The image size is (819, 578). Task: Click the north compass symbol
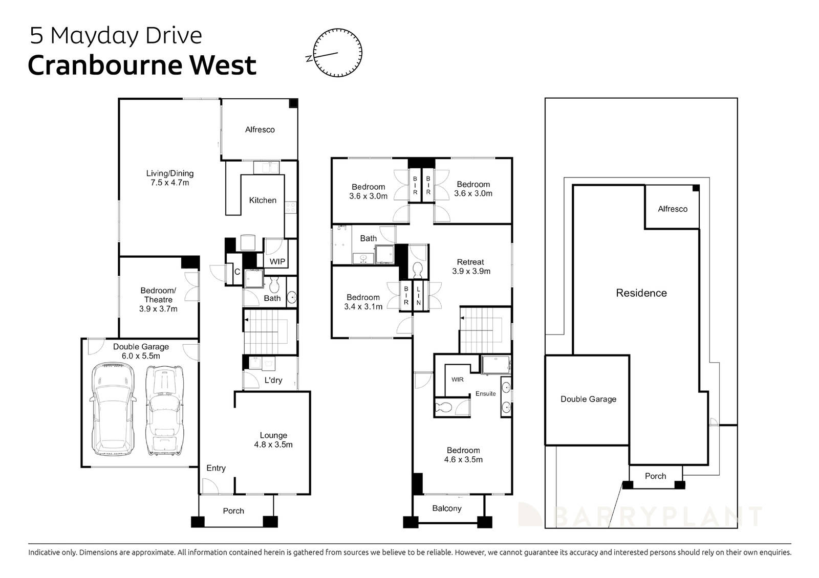click(337, 53)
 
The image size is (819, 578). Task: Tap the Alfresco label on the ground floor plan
click(260, 130)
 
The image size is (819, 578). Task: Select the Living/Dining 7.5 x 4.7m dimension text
click(169, 183)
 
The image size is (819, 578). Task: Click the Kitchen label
click(263, 201)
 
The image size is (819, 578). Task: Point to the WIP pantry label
click(277, 261)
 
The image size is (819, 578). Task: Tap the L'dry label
click(273, 381)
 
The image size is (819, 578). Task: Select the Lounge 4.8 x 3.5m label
click(273, 440)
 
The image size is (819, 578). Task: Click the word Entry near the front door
click(216, 468)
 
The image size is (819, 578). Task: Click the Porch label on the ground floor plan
click(233, 511)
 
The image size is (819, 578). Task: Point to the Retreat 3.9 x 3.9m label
click(471, 266)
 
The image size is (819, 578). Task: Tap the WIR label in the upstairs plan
click(457, 380)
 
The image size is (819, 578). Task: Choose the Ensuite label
click(485, 393)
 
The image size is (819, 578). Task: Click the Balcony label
click(447, 508)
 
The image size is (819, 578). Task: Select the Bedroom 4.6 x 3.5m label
click(463, 455)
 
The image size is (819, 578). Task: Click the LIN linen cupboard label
click(418, 296)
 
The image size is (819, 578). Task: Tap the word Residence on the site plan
click(641, 293)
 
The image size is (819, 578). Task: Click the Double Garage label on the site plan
click(588, 399)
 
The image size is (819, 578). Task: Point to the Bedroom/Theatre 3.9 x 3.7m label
click(158, 300)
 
